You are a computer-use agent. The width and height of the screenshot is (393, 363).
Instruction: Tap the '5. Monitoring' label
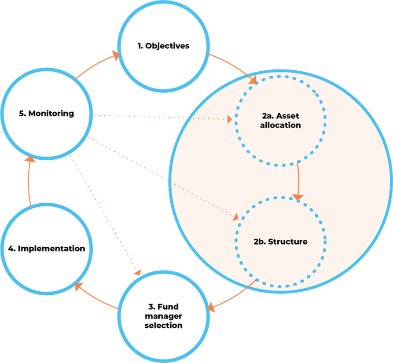tap(47, 114)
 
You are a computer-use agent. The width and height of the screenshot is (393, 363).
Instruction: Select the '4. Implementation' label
tap(47, 249)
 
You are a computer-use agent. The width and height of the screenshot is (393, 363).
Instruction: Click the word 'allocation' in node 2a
tap(280, 125)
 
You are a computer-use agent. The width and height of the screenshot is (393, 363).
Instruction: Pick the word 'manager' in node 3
tap(164, 317)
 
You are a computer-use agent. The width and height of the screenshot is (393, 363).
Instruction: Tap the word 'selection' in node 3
tap(164, 326)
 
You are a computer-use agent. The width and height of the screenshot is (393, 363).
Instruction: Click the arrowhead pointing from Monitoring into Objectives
tap(116, 55)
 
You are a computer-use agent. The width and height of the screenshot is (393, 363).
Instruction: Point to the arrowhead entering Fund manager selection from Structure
tap(211, 308)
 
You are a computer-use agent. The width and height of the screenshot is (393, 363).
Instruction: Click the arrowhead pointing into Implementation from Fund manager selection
tap(78, 287)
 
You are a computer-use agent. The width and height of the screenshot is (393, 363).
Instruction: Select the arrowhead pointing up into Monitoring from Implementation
tap(29, 159)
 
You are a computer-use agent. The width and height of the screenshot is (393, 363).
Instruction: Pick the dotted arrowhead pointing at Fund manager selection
tap(138, 272)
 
